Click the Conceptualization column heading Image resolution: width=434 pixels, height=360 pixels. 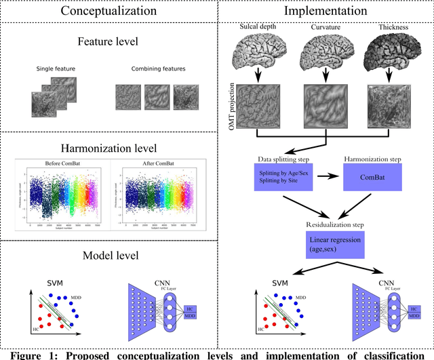109,11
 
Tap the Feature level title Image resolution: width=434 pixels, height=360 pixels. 109,41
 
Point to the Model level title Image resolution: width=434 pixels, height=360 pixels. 109,256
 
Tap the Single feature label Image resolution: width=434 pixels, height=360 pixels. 55,68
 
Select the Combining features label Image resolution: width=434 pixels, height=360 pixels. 149,68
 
